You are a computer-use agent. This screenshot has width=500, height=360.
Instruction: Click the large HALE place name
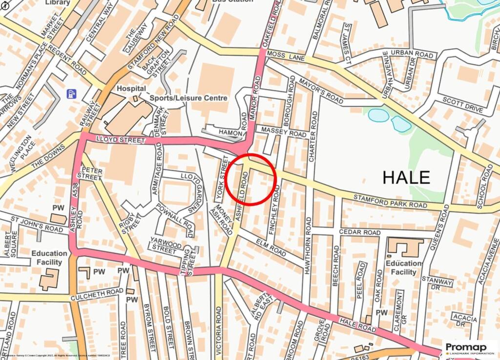click(406, 177)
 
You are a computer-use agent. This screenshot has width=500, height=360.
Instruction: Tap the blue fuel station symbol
click(72, 93)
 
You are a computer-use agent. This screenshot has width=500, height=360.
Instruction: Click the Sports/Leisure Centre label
click(188, 98)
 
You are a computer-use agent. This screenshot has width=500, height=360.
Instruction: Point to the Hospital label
click(131, 88)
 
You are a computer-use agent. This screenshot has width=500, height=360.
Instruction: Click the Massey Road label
click(284, 132)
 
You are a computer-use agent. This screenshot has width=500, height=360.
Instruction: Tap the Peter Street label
click(89, 174)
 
